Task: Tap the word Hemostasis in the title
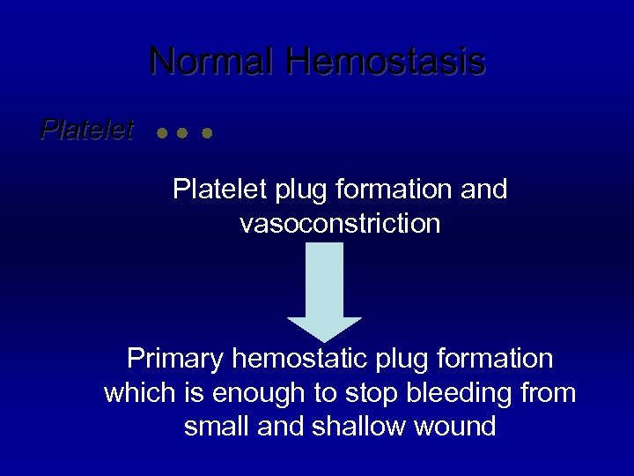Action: pos(385,63)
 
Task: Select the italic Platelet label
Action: pos(86,131)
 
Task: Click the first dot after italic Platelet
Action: pos(161,135)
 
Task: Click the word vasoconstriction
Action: pos(339,224)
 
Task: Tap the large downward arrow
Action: pos(325,291)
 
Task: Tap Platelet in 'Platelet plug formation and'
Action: pos(209,190)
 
